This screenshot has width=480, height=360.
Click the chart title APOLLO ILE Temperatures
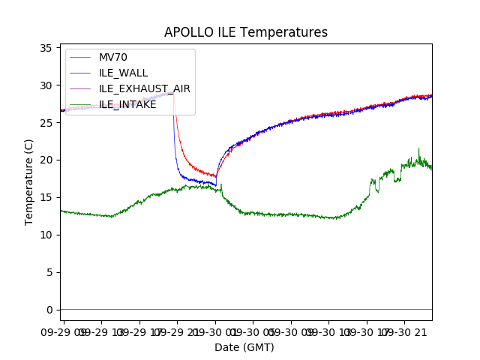click(x=246, y=33)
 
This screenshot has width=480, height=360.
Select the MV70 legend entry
click(x=113, y=57)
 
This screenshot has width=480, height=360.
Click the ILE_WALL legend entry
click(x=123, y=73)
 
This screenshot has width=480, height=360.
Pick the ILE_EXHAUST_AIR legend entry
click(x=144, y=88)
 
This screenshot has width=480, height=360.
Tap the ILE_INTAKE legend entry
click(x=127, y=104)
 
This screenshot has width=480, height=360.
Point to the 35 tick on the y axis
click(x=46, y=48)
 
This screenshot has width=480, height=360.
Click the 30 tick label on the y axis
click(x=46, y=85)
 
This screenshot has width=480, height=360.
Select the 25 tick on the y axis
click(x=46, y=123)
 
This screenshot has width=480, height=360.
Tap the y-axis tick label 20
click(x=46, y=160)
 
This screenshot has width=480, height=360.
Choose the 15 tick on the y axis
click(x=46, y=197)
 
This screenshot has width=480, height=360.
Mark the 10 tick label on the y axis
click(x=46, y=235)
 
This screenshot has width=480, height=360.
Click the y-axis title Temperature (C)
click(x=29, y=182)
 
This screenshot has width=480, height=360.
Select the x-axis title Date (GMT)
click(x=244, y=347)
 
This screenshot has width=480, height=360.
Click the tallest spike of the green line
click(x=418, y=148)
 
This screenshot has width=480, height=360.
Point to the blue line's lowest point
click(x=216, y=185)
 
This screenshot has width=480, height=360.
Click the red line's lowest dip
click(x=215, y=177)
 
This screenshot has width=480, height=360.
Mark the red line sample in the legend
click(x=81, y=57)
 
